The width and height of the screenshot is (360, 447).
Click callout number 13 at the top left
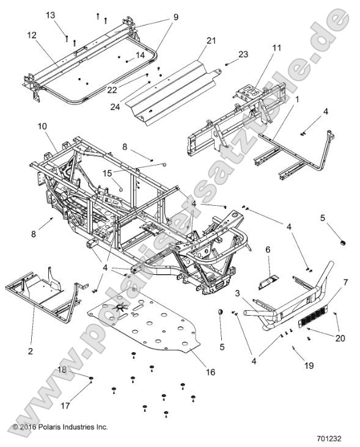point(50,14)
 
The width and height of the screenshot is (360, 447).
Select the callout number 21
point(211,41)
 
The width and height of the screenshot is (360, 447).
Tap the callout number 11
point(277,47)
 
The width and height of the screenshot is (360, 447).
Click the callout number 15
point(107,174)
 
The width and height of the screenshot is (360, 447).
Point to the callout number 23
point(243,54)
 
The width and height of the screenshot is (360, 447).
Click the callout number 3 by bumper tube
point(237,293)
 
